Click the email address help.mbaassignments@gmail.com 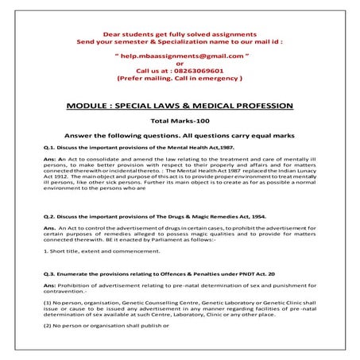point(179,58)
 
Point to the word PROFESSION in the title point(263,105)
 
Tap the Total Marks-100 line point(179,120)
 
